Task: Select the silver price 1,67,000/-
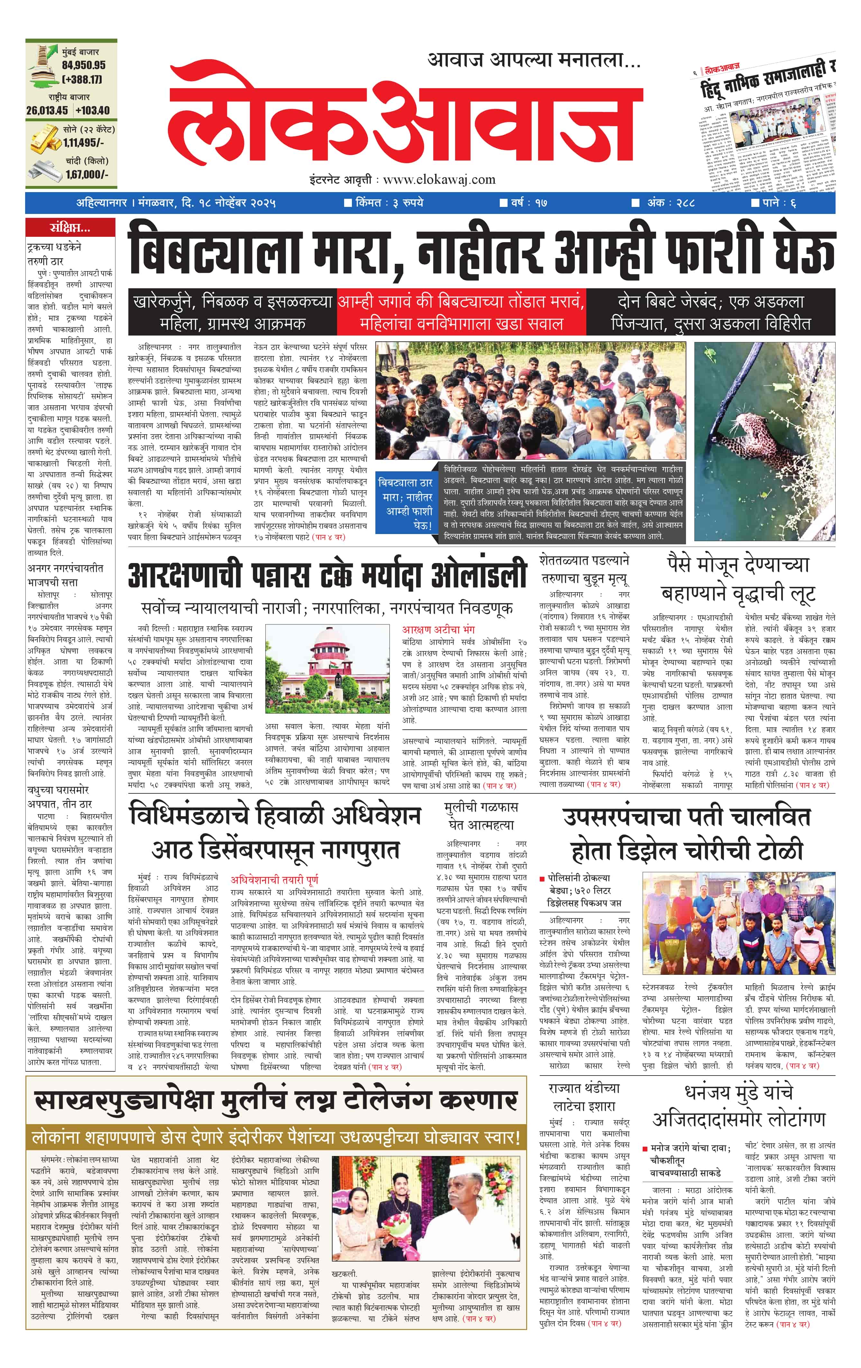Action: pyautogui.click(x=86, y=174)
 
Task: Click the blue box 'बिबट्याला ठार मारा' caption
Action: pyautogui.click(x=406, y=503)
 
